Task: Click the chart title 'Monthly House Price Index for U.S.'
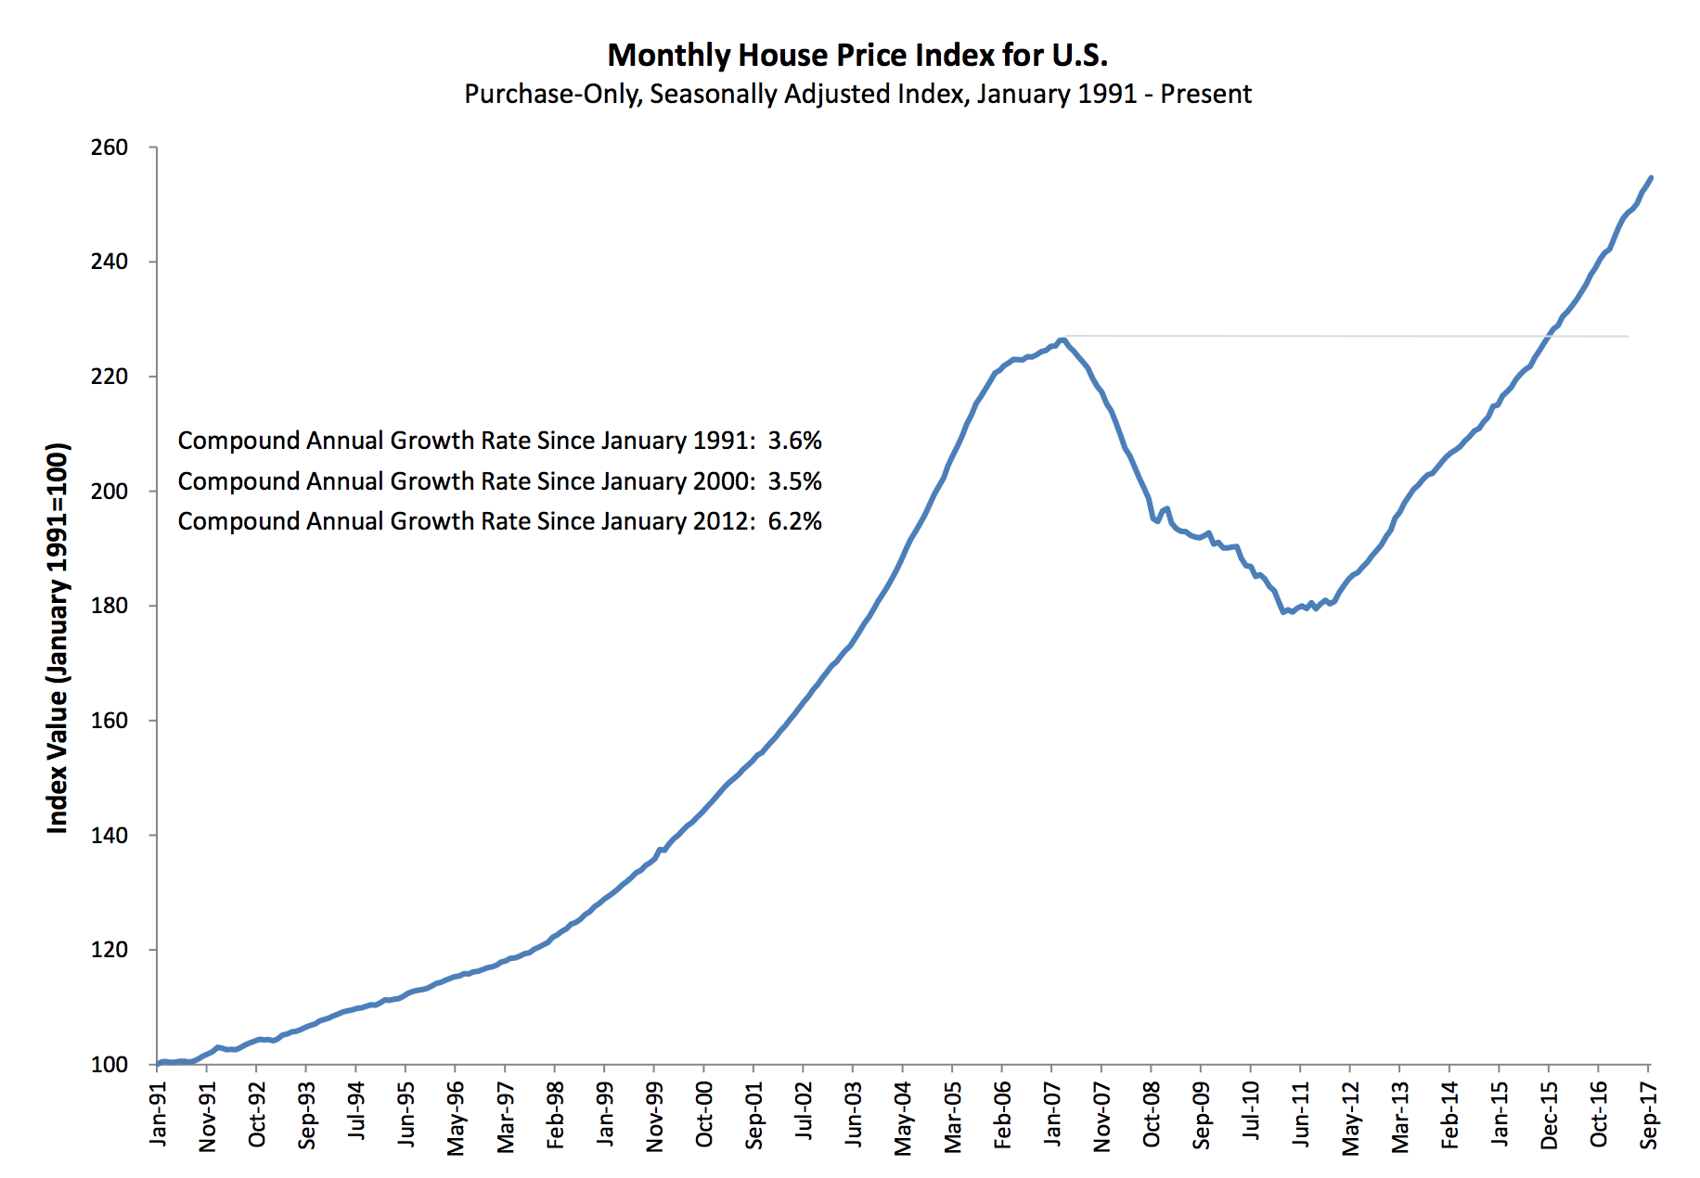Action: pos(857,56)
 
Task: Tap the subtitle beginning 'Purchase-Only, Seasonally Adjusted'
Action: pos(857,95)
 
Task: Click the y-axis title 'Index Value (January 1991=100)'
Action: pos(58,638)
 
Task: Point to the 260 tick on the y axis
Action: pos(109,147)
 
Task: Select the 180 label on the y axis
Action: pos(109,606)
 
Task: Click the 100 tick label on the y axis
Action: pos(109,1065)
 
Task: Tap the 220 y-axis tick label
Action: pos(109,377)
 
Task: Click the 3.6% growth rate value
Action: pos(794,441)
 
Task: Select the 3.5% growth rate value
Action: pos(794,481)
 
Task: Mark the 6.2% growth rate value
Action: pos(794,521)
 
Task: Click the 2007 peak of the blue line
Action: pos(1062,339)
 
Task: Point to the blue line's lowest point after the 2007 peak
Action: pos(1283,612)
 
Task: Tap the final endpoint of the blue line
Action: pos(1651,177)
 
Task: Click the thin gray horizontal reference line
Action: pos(1346,336)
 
